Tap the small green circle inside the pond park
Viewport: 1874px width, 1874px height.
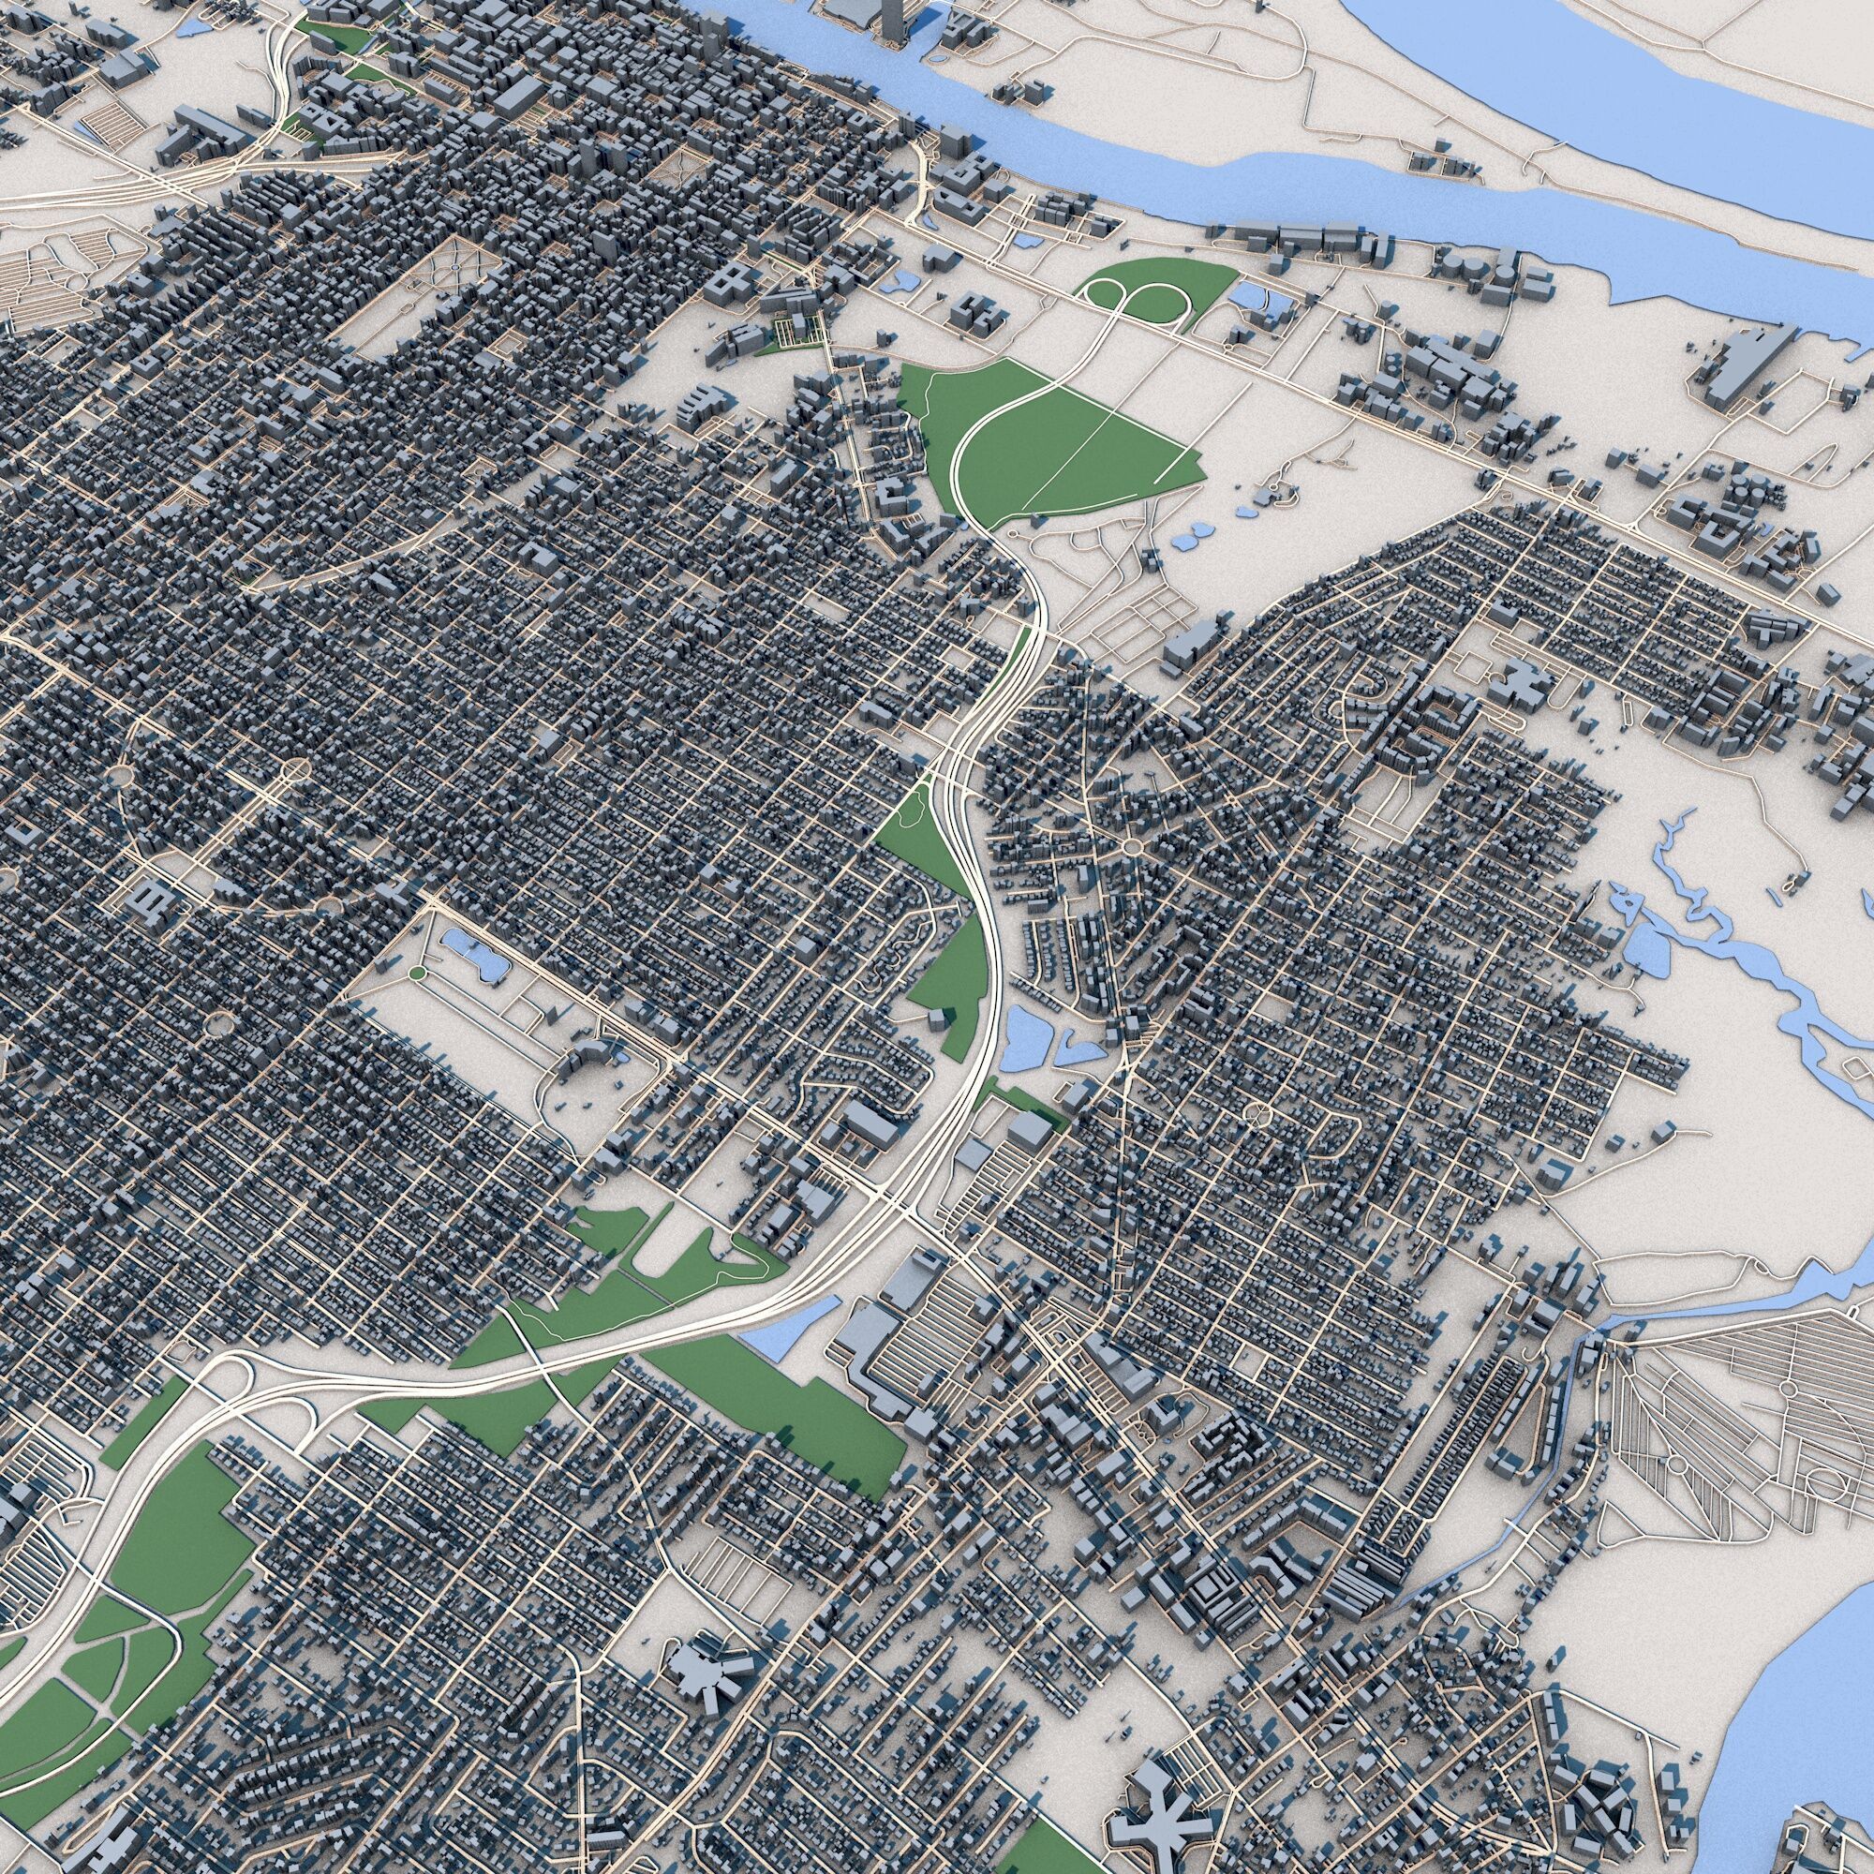(x=416, y=972)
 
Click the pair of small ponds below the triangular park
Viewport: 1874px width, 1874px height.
(x=1191, y=539)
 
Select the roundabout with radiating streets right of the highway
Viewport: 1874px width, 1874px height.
(x=1131, y=847)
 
